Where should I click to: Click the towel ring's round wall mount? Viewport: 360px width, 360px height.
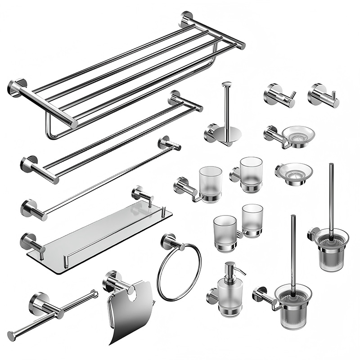pyautogui.click(x=169, y=241)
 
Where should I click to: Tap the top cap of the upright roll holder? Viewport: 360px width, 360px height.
pyautogui.click(x=226, y=84)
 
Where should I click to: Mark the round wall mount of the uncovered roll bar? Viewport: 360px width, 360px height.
pyautogui.click(x=39, y=304)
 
